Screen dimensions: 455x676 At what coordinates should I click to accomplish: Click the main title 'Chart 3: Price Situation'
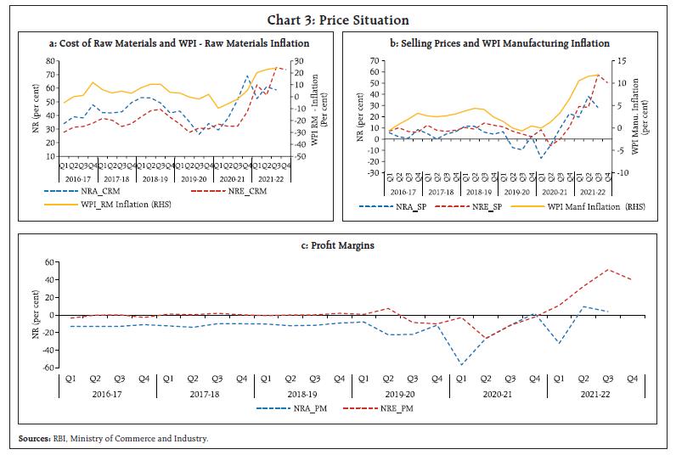pyautogui.click(x=338, y=20)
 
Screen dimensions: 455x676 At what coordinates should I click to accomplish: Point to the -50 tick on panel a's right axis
pyautogui.click(x=296, y=156)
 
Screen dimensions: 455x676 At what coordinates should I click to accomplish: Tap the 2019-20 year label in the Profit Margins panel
pyautogui.click(x=399, y=394)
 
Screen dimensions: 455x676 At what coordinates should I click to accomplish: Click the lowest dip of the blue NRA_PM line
pyautogui.click(x=461, y=365)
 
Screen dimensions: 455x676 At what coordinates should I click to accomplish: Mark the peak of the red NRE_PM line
pyautogui.click(x=607, y=270)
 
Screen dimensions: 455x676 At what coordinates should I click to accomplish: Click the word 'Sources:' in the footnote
pyautogui.click(x=35, y=438)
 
